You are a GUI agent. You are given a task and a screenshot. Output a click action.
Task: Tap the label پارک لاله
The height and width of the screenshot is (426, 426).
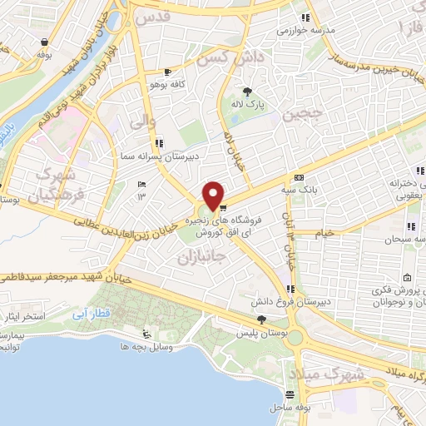tap(247, 106)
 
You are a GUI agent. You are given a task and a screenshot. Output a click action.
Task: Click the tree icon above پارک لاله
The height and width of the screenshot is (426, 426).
tap(247, 92)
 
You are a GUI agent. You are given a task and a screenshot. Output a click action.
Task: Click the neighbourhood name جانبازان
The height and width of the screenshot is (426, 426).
tap(202, 258)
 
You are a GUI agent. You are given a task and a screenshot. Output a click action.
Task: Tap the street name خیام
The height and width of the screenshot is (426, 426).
tap(323, 233)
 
